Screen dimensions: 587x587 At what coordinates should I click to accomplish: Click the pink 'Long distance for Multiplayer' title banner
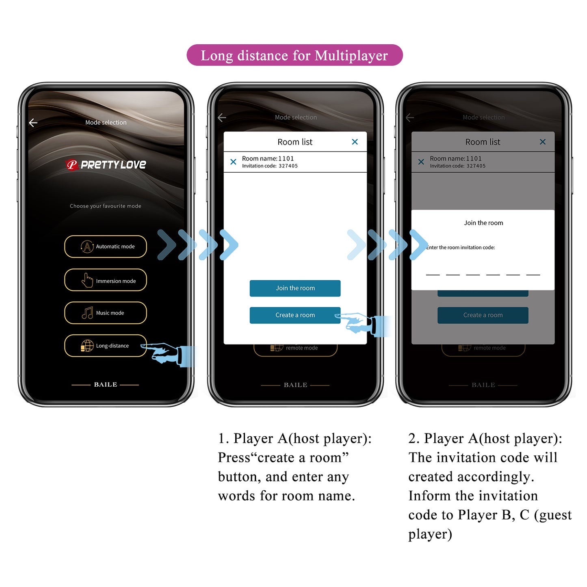[x=294, y=55]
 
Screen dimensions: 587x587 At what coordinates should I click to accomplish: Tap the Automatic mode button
[x=106, y=247]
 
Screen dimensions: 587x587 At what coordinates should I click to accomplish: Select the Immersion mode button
[x=106, y=280]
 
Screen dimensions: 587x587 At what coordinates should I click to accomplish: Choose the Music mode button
[x=106, y=313]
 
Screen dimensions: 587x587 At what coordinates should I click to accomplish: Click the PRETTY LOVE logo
[x=106, y=165]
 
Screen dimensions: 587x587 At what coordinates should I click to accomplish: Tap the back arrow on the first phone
[x=33, y=123]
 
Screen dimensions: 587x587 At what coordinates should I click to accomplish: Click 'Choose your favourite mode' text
[x=106, y=206]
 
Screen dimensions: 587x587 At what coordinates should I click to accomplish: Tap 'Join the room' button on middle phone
[x=295, y=288]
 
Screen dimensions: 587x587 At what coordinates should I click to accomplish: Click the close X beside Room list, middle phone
[x=355, y=142]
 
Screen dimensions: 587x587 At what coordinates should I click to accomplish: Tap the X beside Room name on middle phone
[x=233, y=162]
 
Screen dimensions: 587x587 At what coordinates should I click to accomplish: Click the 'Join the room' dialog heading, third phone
[x=483, y=223]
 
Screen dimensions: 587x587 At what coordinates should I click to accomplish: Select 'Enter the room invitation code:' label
[x=461, y=247]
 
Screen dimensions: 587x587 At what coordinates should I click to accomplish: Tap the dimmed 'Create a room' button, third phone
[x=483, y=315]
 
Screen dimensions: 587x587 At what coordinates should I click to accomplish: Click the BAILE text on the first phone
[x=106, y=384]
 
